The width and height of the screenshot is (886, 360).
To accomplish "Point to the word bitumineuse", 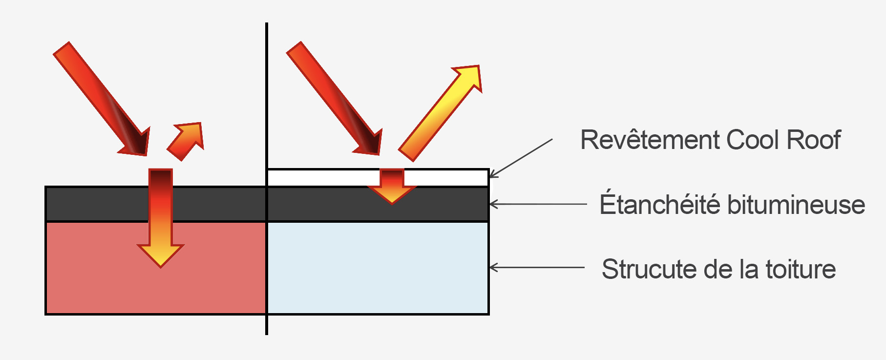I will click(796, 205).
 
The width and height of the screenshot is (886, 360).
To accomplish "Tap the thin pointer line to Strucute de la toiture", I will click(537, 268).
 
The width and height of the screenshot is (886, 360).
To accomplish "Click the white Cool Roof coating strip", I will click(322, 177).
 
